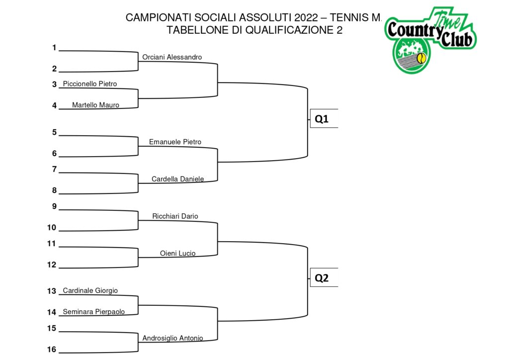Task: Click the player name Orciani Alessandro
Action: tap(172, 57)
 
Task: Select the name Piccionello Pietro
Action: tap(90, 84)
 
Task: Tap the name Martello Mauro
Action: tap(95, 105)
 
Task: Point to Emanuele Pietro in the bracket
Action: tap(175, 142)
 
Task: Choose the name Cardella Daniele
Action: tap(177, 179)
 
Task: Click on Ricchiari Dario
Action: tap(175, 216)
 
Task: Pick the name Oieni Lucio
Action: tap(177, 253)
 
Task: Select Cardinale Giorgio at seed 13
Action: tap(90, 290)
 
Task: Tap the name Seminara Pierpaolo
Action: tap(94, 312)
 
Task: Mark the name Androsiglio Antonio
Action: tap(172, 338)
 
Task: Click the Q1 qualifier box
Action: tap(324, 118)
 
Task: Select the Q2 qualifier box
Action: tap(324, 277)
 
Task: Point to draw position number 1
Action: tap(54, 48)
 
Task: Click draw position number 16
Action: tap(52, 349)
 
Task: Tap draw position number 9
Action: tap(54, 206)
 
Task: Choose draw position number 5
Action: tap(54, 132)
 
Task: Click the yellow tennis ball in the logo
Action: tap(422, 59)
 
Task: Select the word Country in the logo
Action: tap(415, 30)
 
